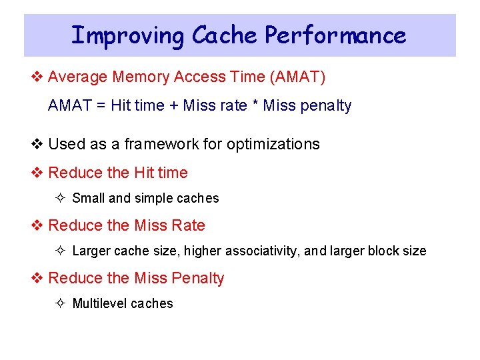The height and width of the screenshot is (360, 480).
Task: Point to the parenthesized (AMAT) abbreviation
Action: [297, 77]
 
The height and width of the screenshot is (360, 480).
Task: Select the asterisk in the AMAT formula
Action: [255, 105]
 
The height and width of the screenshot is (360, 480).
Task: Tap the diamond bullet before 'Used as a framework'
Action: [38, 144]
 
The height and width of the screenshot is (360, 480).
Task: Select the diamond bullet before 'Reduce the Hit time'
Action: [38, 173]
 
